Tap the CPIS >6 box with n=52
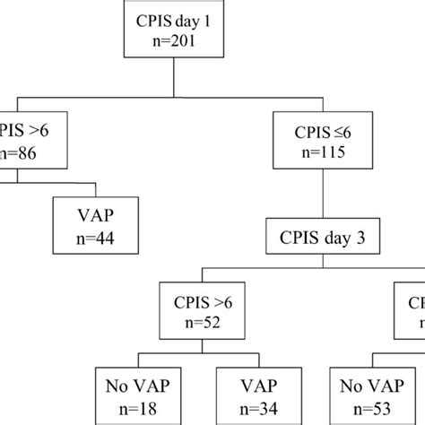(x=204, y=309)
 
